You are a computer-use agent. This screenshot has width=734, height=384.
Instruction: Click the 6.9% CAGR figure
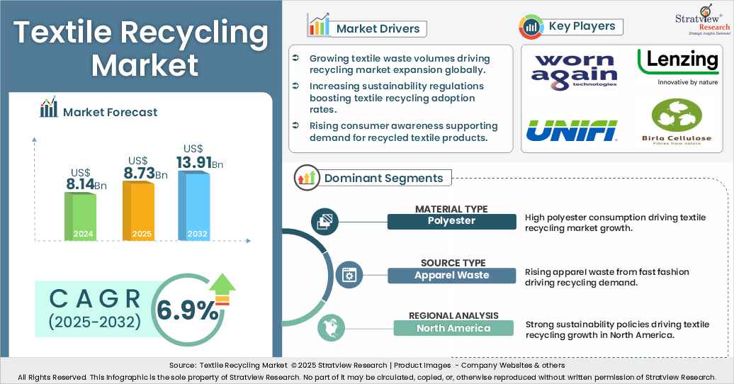click(x=187, y=310)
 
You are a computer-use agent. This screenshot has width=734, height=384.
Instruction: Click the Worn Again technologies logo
click(x=575, y=69)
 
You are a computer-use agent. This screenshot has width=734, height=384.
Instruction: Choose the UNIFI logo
click(x=572, y=130)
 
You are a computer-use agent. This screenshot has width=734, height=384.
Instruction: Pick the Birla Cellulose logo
click(x=676, y=121)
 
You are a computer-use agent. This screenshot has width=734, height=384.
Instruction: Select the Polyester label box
click(x=451, y=221)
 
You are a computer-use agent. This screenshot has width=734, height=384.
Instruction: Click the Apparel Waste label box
click(x=451, y=275)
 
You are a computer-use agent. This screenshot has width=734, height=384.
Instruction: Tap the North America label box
click(x=453, y=328)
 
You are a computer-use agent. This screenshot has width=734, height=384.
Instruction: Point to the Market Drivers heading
click(x=378, y=29)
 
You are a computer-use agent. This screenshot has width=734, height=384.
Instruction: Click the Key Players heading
click(x=581, y=27)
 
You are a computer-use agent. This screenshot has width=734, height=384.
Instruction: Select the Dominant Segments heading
click(x=383, y=179)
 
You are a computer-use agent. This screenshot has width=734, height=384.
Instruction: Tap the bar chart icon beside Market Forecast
click(x=49, y=109)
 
